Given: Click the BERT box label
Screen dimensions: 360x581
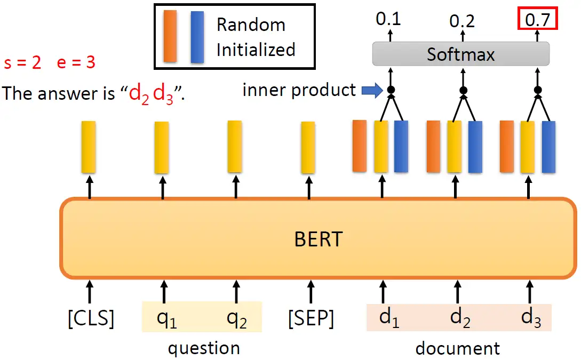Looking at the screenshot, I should click(318, 239).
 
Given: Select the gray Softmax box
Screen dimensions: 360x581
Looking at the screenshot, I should click(460, 54).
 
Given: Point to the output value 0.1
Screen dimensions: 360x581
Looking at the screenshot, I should click(388, 19).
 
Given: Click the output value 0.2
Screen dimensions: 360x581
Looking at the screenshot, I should click(462, 21).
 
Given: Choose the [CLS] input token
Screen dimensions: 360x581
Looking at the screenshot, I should click(90, 318).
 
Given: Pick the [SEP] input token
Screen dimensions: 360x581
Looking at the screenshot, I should click(311, 318).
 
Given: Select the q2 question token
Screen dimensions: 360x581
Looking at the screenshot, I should click(237, 318).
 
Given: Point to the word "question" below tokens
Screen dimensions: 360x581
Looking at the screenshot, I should click(204, 348).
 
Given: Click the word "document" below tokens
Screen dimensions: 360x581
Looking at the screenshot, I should click(458, 348).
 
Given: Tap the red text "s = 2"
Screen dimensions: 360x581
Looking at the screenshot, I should click(22, 62).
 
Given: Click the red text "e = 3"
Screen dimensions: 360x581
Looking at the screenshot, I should click(76, 62).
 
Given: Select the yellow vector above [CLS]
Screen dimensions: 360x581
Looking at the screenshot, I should click(89, 147).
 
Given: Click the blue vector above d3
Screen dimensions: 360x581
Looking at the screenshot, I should click(548, 147).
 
